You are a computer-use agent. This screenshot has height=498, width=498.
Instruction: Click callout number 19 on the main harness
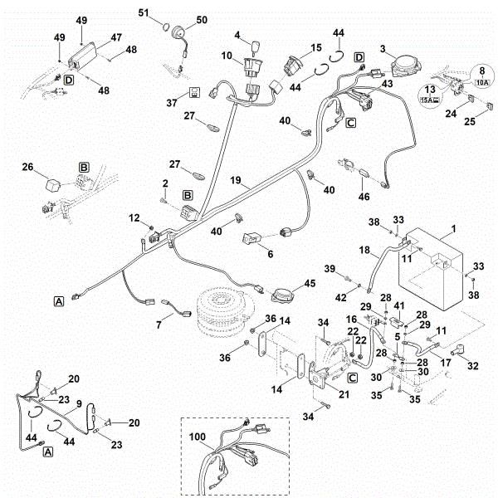(236, 179)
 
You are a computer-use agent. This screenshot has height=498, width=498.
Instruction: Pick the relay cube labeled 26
(53, 182)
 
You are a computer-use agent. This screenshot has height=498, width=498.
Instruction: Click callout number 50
(202, 20)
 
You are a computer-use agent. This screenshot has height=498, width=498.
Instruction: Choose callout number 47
(115, 37)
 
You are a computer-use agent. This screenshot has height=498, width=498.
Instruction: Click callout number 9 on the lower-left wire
(80, 405)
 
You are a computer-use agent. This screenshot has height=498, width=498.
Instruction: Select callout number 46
(364, 198)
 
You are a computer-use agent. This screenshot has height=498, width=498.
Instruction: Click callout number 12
(134, 217)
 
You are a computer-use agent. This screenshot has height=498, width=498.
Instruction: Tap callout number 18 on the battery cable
(363, 249)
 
